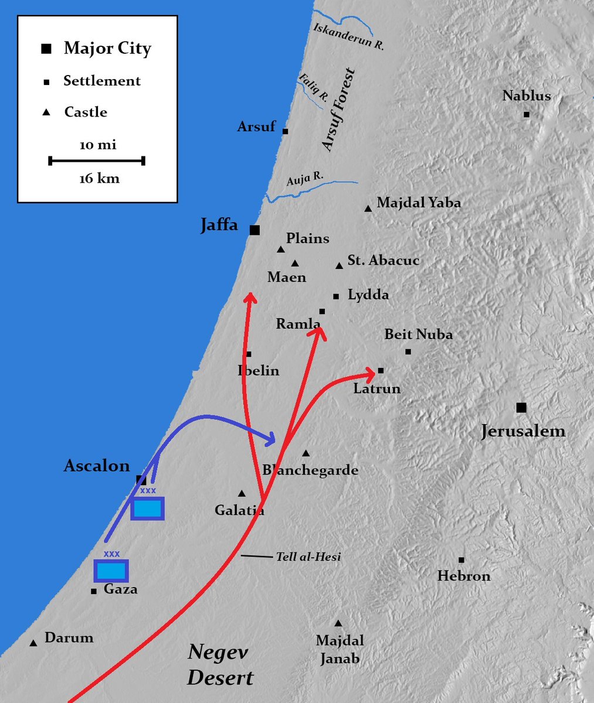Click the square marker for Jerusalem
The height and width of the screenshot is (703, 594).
[521, 407]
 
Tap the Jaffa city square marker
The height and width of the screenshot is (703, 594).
[254, 230]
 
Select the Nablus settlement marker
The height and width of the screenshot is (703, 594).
[527, 114]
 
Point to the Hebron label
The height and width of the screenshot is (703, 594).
[464, 576]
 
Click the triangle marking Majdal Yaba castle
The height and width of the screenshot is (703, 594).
[368, 208]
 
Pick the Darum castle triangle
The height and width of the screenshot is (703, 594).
[33, 643]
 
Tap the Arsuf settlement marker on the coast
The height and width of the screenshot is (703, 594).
[286, 131]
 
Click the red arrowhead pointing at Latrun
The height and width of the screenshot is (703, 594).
[369, 371]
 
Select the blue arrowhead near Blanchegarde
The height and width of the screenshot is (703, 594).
[270, 438]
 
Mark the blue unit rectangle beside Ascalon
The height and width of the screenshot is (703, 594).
[147, 509]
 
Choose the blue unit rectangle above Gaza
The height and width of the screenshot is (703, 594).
[111, 570]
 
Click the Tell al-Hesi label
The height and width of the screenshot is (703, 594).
[308, 557]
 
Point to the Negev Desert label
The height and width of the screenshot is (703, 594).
[219, 665]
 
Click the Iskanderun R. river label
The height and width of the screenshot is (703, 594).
[349, 36]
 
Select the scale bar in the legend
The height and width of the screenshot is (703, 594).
[97, 160]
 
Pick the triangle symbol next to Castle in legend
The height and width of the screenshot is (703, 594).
[46, 112]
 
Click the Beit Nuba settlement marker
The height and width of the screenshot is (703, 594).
[408, 351]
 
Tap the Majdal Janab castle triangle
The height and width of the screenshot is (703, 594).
[338, 623]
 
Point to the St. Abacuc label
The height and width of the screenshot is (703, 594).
[383, 260]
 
